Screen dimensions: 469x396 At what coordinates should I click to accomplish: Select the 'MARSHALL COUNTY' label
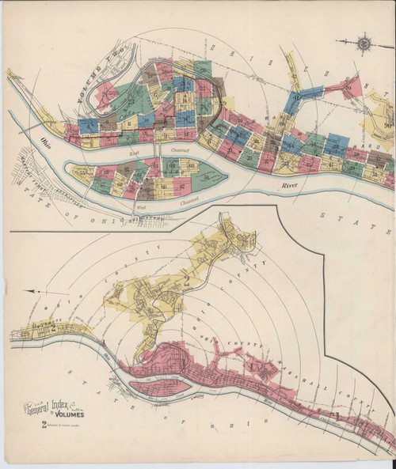point(317,378)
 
